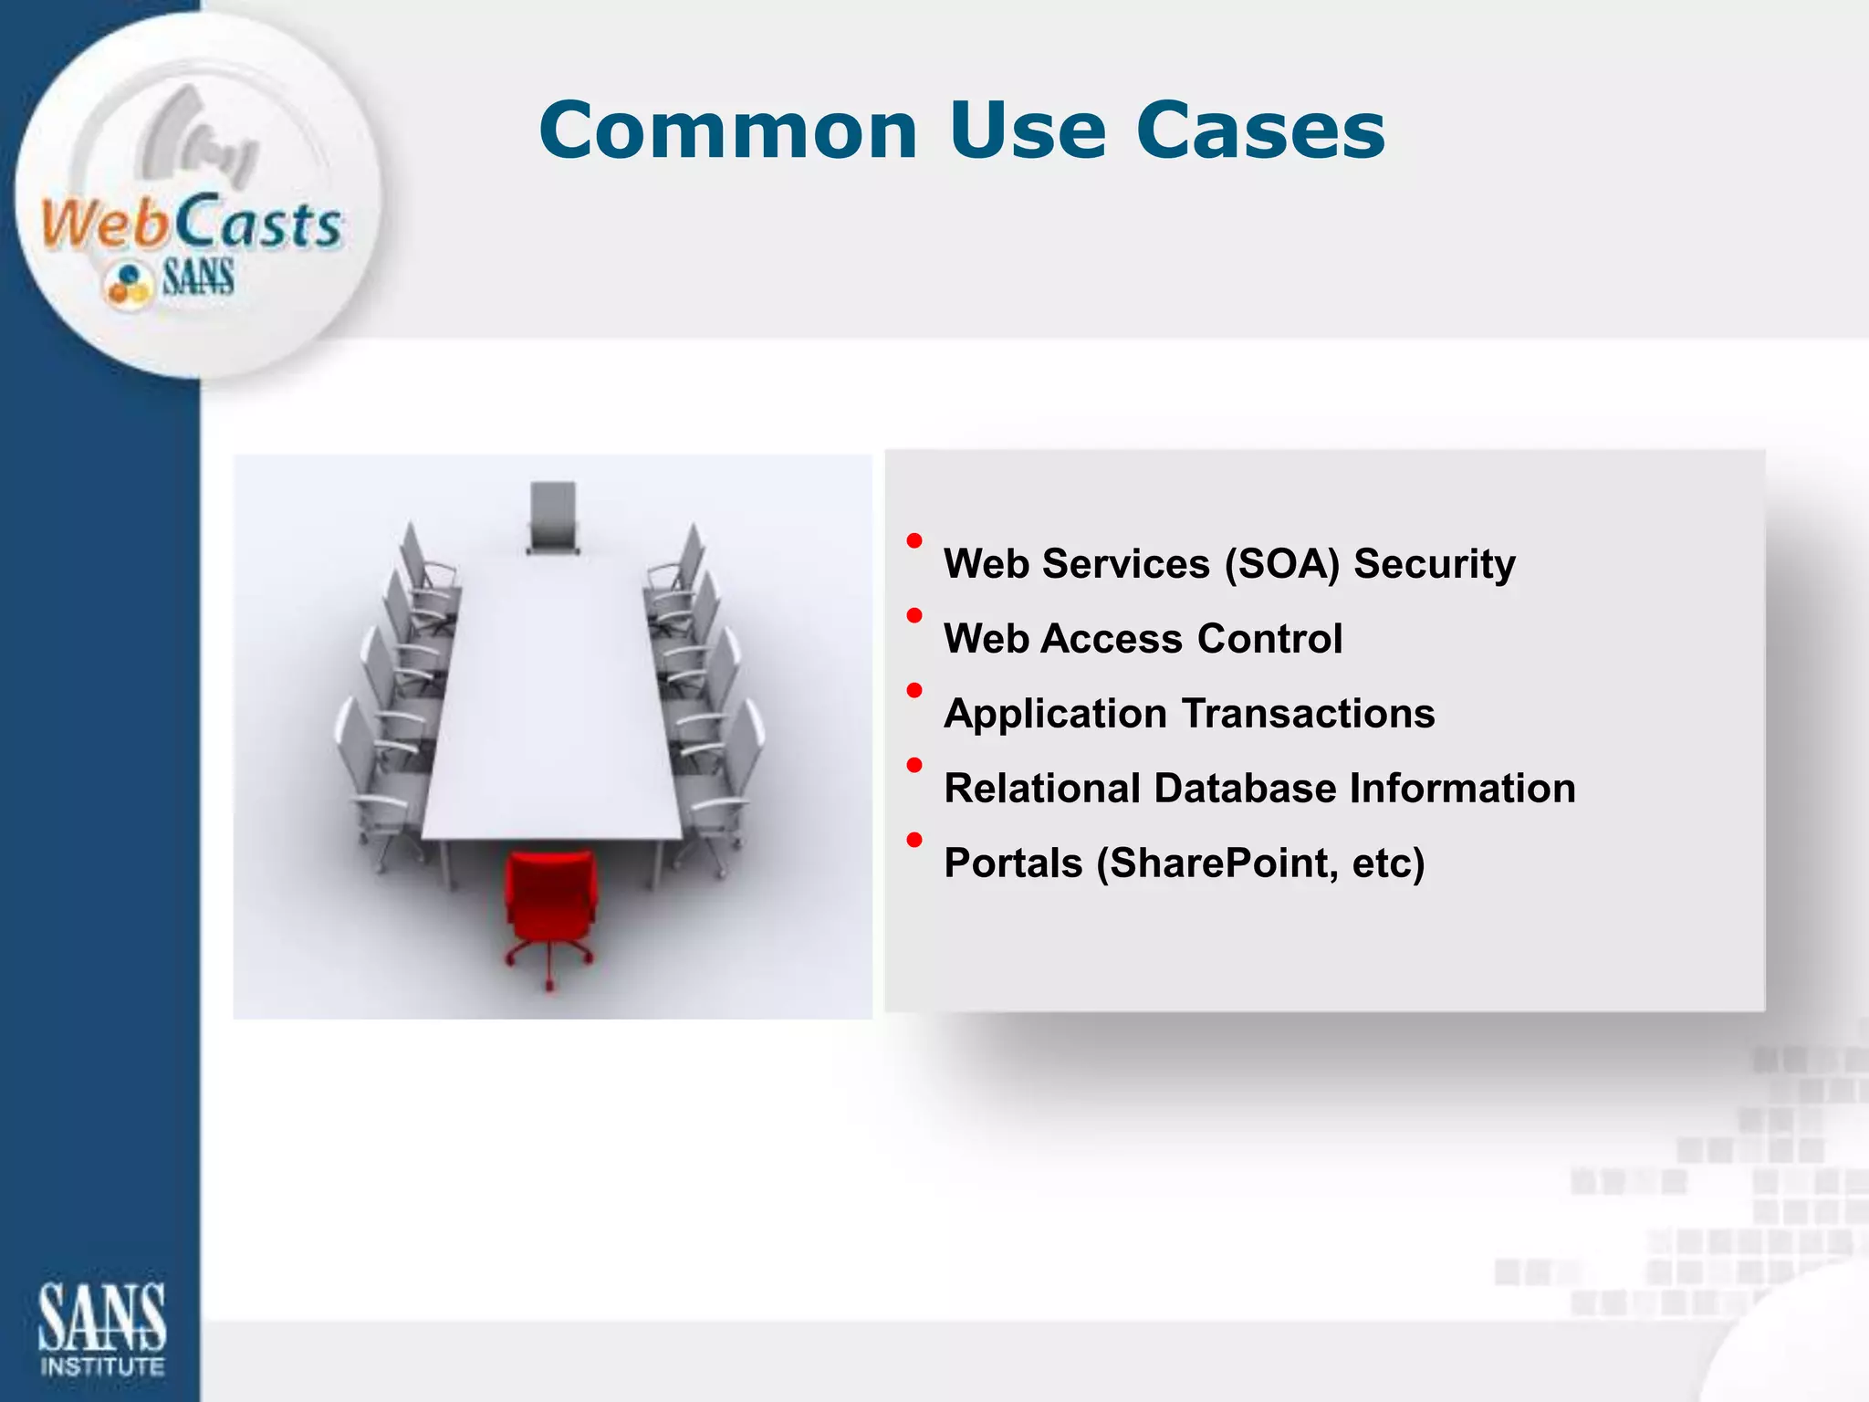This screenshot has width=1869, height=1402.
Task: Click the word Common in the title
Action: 727,131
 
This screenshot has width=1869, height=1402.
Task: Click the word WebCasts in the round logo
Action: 191,224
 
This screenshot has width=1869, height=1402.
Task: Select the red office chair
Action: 550,913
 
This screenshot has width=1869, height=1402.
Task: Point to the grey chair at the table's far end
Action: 553,517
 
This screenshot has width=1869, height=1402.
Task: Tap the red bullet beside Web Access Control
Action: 914,616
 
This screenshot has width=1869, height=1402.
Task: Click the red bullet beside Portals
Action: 914,840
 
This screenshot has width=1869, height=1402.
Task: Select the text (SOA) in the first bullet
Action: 1281,564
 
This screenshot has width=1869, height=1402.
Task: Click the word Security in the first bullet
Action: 1434,564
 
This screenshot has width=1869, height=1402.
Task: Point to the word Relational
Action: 1041,789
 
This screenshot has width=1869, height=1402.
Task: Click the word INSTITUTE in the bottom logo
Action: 102,1366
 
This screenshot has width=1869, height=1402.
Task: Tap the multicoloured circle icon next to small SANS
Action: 128,283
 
